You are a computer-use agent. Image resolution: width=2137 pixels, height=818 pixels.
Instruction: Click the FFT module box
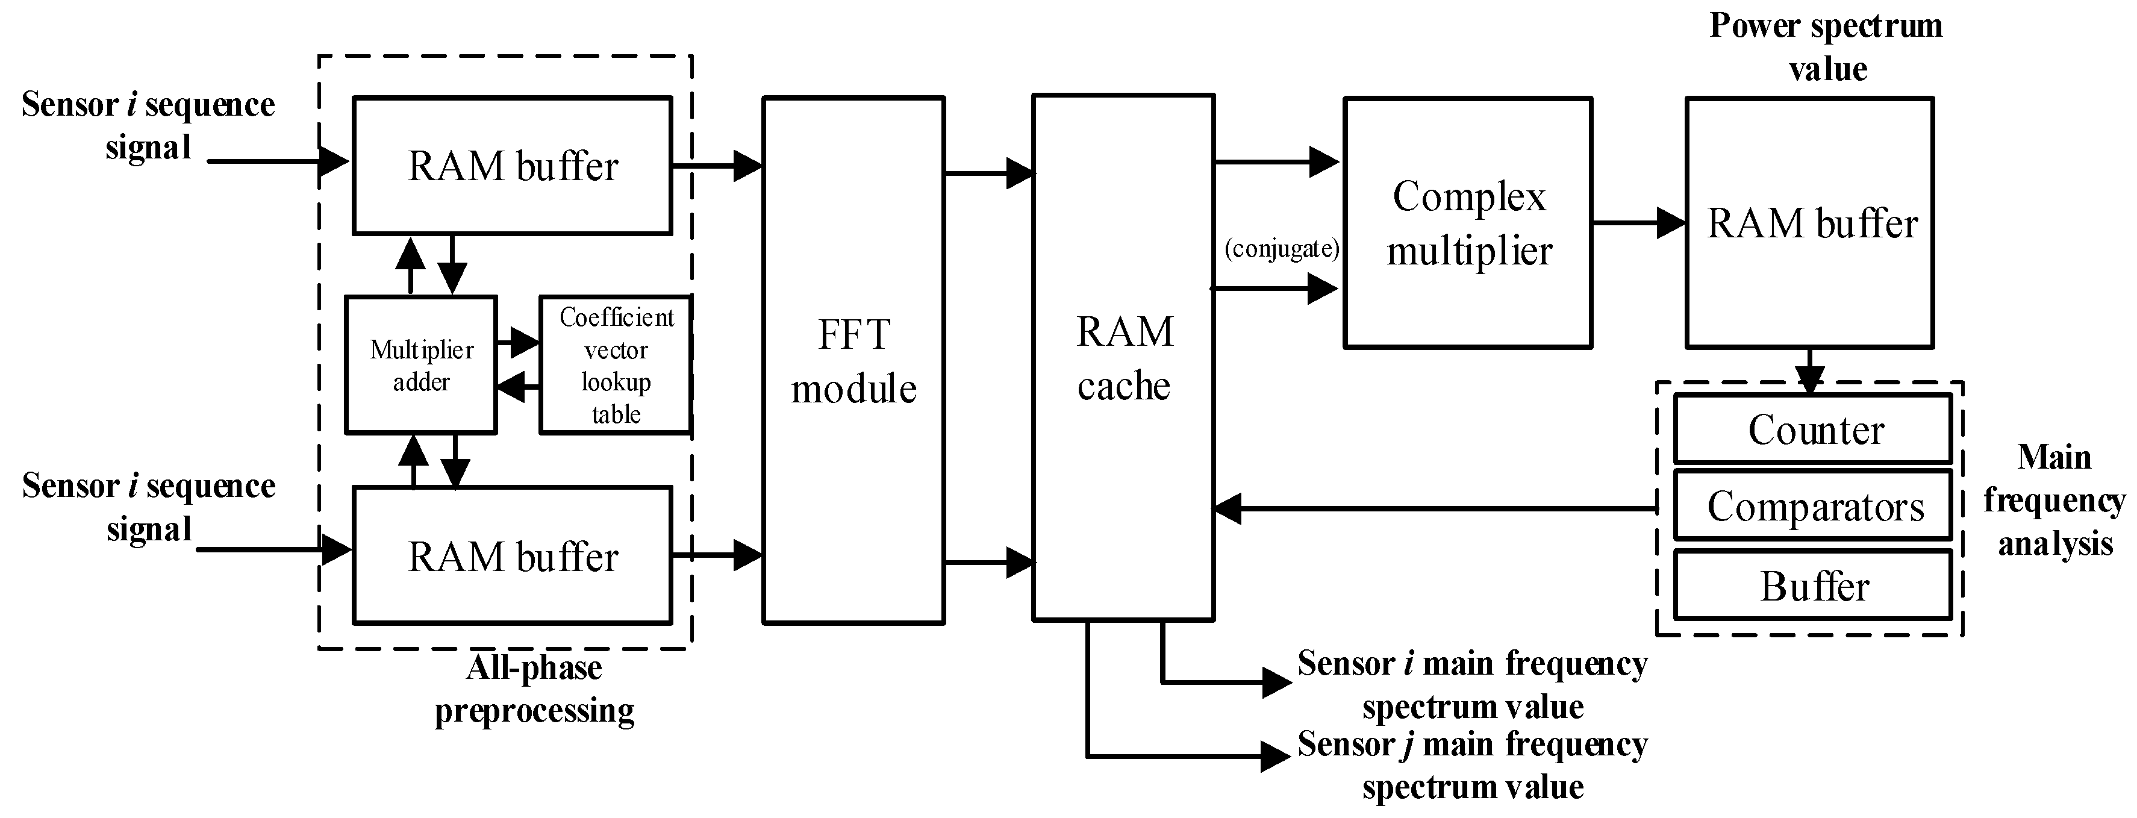pyautogui.click(x=853, y=360)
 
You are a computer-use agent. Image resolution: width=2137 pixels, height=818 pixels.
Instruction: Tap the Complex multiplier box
pyautogui.click(x=1467, y=223)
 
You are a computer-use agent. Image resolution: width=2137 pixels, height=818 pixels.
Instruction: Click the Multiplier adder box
pyautogui.click(x=420, y=365)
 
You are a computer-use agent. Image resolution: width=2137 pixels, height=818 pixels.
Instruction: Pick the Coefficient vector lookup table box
pyautogui.click(x=615, y=365)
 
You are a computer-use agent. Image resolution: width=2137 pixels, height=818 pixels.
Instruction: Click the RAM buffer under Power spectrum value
pyautogui.click(x=1810, y=223)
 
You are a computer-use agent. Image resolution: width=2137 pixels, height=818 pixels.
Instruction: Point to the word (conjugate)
pyautogui.click(x=1282, y=249)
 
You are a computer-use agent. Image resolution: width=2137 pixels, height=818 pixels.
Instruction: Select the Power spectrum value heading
pyautogui.click(x=1826, y=46)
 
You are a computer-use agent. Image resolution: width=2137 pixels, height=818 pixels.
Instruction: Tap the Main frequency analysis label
pyautogui.click(x=2053, y=501)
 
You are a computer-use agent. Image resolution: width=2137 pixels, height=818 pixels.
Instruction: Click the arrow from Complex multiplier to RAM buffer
pyautogui.click(x=1638, y=223)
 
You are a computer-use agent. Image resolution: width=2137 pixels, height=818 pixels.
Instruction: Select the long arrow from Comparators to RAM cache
pyautogui.click(x=1435, y=508)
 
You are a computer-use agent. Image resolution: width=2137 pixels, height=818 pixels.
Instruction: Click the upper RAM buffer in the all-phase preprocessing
pyautogui.click(x=512, y=166)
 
